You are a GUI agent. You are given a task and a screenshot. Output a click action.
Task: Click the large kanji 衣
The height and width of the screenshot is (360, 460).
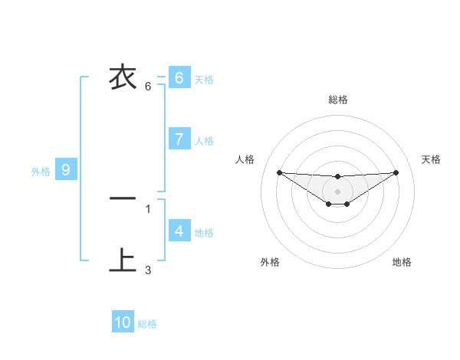click(x=123, y=77)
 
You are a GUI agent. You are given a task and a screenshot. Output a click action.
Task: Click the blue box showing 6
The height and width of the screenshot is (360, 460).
click(x=179, y=78)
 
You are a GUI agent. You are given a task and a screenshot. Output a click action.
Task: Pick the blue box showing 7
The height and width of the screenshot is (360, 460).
click(x=179, y=139)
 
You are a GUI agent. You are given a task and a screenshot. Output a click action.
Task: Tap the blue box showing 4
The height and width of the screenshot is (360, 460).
click(x=179, y=231)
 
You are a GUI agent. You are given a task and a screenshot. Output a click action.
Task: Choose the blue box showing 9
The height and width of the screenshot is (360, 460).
click(x=66, y=170)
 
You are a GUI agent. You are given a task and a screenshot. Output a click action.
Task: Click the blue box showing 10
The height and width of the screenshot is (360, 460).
click(x=123, y=322)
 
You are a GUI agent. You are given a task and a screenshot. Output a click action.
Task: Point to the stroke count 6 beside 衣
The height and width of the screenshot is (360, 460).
click(x=148, y=86)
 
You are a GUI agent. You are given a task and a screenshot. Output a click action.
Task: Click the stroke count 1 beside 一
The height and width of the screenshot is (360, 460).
click(x=148, y=208)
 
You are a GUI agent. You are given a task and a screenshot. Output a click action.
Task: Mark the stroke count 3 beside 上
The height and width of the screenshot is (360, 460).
click(x=148, y=270)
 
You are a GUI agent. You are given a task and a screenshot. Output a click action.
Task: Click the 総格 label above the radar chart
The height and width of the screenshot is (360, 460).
click(x=338, y=100)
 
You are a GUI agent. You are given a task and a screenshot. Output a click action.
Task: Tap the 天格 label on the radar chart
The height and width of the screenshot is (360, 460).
click(x=431, y=159)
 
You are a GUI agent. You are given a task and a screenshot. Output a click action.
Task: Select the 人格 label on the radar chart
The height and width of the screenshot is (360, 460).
click(x=245, y=159)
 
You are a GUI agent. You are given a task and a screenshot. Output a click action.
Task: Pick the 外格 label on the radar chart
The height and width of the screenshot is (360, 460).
click(x=270, y=262)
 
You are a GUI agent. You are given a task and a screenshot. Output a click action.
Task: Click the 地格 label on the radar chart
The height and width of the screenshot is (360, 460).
click(x=402, y=262)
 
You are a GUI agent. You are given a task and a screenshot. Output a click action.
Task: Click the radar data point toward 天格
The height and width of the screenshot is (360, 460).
click(x=396, y=172)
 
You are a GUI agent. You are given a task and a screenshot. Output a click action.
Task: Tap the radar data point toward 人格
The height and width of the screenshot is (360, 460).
click(x=279, y=172)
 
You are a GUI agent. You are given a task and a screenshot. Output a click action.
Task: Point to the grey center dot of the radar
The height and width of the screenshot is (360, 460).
click(x=337, y=191)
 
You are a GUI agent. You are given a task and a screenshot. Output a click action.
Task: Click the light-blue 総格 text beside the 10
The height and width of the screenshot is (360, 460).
click(x=147, y=324)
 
